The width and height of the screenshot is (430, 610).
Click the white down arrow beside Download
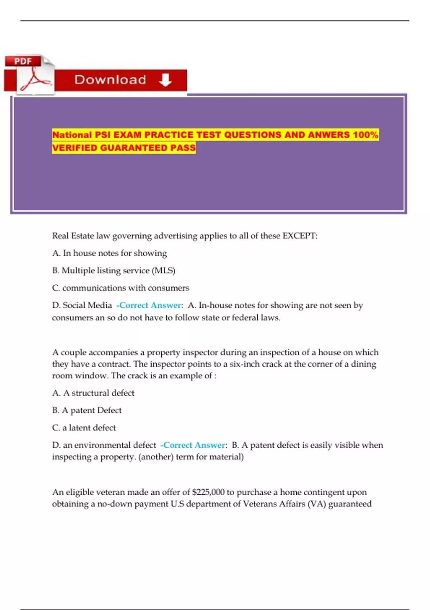coord(165,80)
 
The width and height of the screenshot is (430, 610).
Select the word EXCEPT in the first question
coord(300,236)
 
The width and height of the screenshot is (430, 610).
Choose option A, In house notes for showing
coord(109,253)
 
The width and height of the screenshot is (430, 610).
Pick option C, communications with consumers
coord(120,288)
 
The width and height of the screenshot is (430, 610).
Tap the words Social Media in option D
coord(87,305)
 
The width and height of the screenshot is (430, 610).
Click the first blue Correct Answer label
coord(150,305)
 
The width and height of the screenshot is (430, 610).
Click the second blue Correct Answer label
coord(194,445)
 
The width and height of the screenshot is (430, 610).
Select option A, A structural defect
coord(93,393)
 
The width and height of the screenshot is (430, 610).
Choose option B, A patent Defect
coord(87,410)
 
